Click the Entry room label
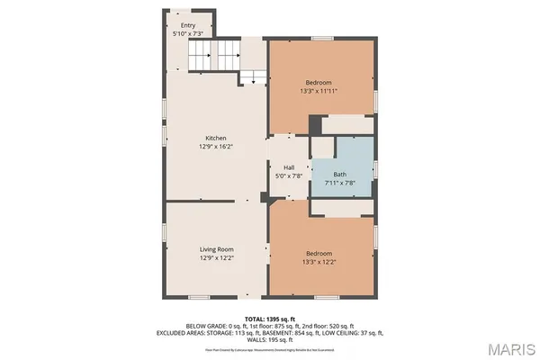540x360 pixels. (188, 25)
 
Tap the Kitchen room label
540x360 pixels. (202, 138)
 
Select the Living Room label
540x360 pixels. (216, 249)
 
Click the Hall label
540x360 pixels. (289, 167)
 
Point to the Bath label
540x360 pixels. (340, 175)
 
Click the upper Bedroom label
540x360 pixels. (320, 81)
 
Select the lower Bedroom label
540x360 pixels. (319, 253)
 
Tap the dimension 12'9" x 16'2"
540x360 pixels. (202, 146)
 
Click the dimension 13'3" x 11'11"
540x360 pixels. (320, 90)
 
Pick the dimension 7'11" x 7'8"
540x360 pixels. (340, 183)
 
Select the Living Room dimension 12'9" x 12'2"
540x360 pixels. (216, 257)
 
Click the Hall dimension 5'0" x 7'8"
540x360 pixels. (289, 175)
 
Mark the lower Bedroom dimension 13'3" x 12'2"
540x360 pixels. (319, 262)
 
